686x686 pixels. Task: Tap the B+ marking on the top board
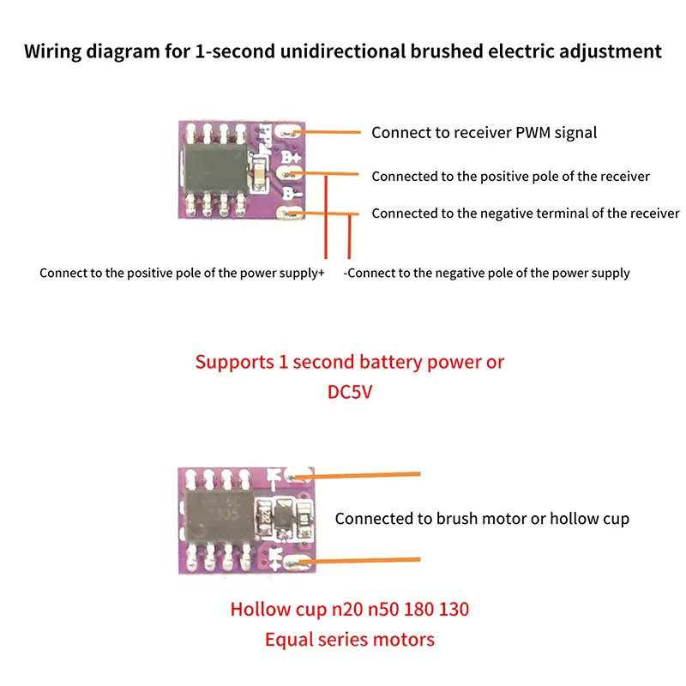291,157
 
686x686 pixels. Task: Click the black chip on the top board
216,169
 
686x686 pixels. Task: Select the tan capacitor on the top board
259,173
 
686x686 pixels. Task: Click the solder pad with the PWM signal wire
289,131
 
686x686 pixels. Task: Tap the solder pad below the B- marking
289,213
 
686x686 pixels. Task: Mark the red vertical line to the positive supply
326,217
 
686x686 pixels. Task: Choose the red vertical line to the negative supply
349,237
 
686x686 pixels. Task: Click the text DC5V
350,392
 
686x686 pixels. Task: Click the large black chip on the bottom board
220,516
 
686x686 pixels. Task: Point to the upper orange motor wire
358,476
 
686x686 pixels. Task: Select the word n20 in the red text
347,610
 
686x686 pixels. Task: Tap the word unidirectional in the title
342,51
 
